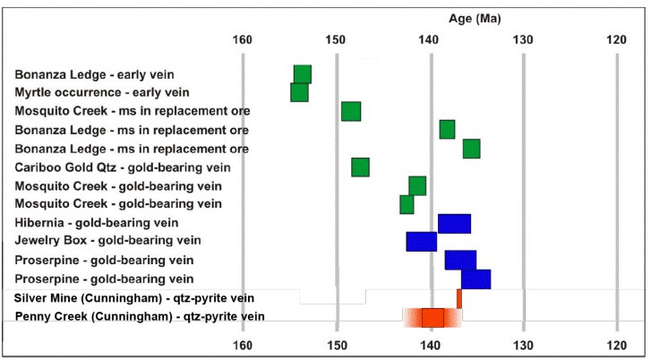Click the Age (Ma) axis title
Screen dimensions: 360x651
pyautogui.click(x=475, y=18)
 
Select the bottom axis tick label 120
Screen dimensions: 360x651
pyautogui.click(x=617, y=345)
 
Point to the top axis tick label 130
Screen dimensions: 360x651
pyautogui.click(x=523, y=39)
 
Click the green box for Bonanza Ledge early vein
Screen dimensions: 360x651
pyautogui.click(x=303, y=74)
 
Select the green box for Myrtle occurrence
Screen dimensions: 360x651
pyautogui.click(x=299, y=92)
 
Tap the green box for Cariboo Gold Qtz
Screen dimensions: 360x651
pyautogui.click(x=360, y=167)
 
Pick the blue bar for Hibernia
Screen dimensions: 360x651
pyautogui.click(x=454, y=223)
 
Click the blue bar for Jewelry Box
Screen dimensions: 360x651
pyautogui.click(x=421, y=242)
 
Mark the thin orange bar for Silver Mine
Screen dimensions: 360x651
pyautogui.click(x=459, y=298)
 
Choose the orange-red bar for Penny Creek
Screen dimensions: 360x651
pyautogui.click(x=433, y=318)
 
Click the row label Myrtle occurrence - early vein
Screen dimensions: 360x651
pyautogui.click(x=103, y=92)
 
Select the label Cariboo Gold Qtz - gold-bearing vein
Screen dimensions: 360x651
pyautogui.click(x=124, y=167)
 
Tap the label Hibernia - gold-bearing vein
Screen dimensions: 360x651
pyautogui.click(x=97, y=223)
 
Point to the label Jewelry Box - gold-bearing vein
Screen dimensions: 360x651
pyautogui.click(x=107, y=241)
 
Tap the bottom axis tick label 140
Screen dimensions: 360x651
pyautogui.click(x=430, y=345)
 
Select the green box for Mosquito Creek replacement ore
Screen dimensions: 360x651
pyautogui.click(x=351, y=111)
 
